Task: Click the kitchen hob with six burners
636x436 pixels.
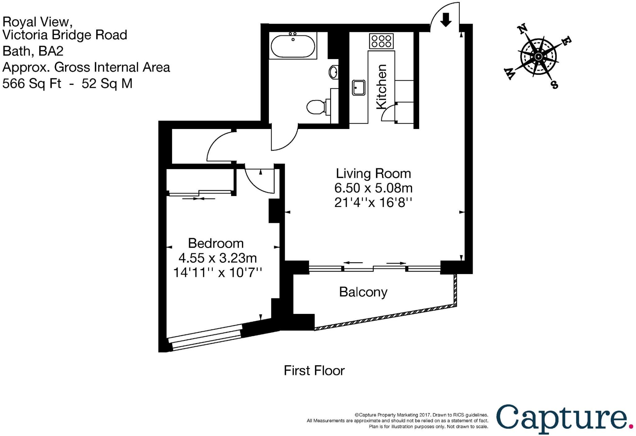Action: pyautogui.click(x=381, y=41)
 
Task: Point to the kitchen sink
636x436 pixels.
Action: pyautogui.click(x=359, y=87)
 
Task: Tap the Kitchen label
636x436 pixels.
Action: pyautogui.click(x=381, y=87)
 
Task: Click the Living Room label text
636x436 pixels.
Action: pyautogui.click(x=373, y=173)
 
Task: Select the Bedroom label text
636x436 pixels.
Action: pyautogui.click(x=216, y=243)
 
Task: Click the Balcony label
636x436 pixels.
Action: pyautogui.click(x=363, y=292)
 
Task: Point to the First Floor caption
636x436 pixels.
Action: pyautogui.click(x=314, y=370)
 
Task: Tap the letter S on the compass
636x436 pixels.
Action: pyautogui.click(x=555, y=84)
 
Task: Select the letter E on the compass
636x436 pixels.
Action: pyautogui.click(x=567, y=40)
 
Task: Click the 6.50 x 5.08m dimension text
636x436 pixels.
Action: pyautogui.click(x=373, y=188)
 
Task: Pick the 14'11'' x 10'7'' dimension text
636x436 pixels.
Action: pyautogui.click(x=217, y=273)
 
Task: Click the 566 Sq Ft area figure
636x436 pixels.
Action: pyautogui.click(x=32, y=83)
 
